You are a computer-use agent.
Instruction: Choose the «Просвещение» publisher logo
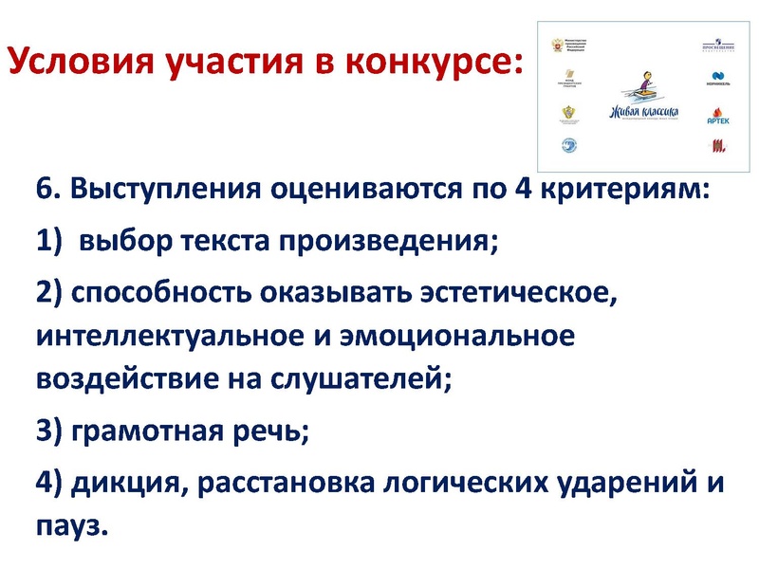click(718, 46)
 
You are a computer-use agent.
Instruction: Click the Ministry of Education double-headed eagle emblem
click(558, 44)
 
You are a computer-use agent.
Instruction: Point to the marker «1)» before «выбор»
click(50, 241)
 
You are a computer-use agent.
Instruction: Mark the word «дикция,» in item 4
click(119, 485)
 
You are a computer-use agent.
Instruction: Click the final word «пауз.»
click(72, 525)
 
